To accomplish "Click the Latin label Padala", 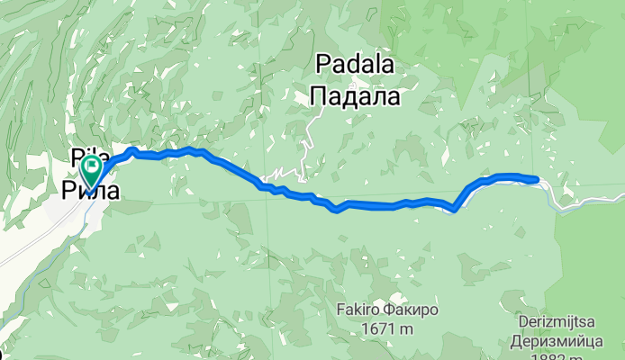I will pyautogui.click(x=355, y=64).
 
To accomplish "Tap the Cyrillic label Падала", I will pyautogui.click(x=355, y=93).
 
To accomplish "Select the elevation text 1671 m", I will pyautogui.click(x=387, y=329).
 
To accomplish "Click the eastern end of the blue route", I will pyautogui.click(x=537, y=179).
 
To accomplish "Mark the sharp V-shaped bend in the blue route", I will pyautogui.click(x=455, y=211).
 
